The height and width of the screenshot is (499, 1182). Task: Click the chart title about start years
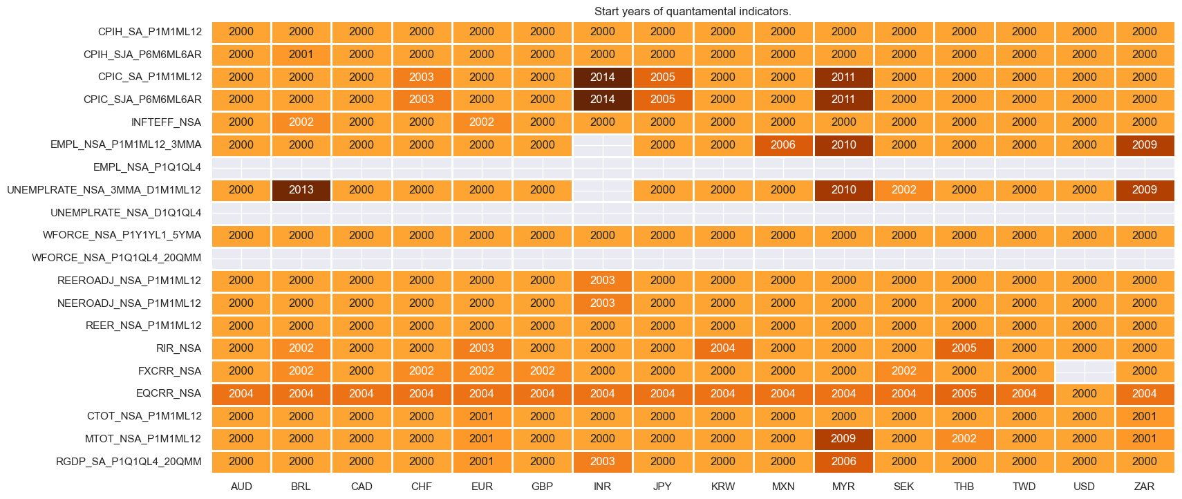pyautogui.click(x=692, y=11)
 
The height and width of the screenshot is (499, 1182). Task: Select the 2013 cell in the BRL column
pyautogui.click(x=301, y=190)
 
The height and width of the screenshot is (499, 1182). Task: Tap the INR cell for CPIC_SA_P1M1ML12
pyautogui.click(x=602, y=77)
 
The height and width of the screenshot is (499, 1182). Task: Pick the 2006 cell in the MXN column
pyautogui.click(x=782, y=145)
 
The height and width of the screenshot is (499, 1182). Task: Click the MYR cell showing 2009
pyautogui.click(x=843, y=439)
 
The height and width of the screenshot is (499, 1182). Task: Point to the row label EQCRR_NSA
pyautogui.click(x=169, y=393)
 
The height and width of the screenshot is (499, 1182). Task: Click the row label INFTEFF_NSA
pyautogui.click(x=166, y=122)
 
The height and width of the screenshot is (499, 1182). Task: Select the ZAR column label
pyautogui.click(x=1144, y=487)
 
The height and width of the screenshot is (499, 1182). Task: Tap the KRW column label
pyautogui.click(x=722, y=487)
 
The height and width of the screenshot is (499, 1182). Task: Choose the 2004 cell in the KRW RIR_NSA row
pyautogui.click(x=722, y=348)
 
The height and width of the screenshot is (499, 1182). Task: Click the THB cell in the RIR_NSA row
pyautogui.click(x=964, y=348)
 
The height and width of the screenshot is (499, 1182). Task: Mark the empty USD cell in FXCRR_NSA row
pyautogui.click(x=1084, y=371)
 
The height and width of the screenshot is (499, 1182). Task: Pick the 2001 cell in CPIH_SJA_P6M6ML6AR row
pyautogui.click(x=301, y=55)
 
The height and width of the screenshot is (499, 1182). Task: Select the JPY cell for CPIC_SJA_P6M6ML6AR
pyautogui.click(x=662, y=100)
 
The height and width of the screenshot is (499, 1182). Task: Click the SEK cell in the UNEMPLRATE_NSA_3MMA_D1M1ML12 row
pyautogui.click(x=903, y=190)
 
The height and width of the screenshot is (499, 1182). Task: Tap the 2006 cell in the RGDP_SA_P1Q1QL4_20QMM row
pyautogui.click(x=843, y=462)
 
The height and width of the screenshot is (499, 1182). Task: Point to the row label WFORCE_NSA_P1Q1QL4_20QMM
pyautogui.click(x=116, y=258)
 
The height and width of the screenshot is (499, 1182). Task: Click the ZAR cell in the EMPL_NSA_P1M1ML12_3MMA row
pyautogui.click(x=1144, y=145)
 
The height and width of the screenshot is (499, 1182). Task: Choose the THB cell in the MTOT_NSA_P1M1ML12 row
pyautogui.click(x=964, y=439)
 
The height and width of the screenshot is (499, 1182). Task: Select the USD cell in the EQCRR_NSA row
pyautogui.click(x=1084, y=393)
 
